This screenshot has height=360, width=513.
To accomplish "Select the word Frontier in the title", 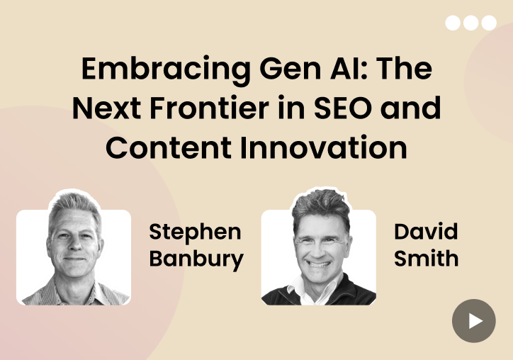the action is pos(210,108).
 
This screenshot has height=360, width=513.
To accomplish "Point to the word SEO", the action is pos(342,108).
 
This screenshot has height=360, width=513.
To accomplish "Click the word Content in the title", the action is pos(169,148).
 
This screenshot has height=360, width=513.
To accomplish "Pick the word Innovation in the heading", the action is pos(324,147).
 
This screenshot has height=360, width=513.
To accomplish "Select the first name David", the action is pos(426,232).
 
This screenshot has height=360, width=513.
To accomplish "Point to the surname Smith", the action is pos(426,258).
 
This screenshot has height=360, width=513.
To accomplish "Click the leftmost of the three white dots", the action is pos(453,23).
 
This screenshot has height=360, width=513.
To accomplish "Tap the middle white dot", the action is pos(470,23).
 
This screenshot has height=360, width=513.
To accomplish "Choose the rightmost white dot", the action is pos(489,23).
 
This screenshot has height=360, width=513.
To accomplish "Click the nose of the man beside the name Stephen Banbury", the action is pos(74,244).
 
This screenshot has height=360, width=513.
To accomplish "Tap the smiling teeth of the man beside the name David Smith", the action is pos(319,264).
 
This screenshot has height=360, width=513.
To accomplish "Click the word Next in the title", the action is pos(107,108).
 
